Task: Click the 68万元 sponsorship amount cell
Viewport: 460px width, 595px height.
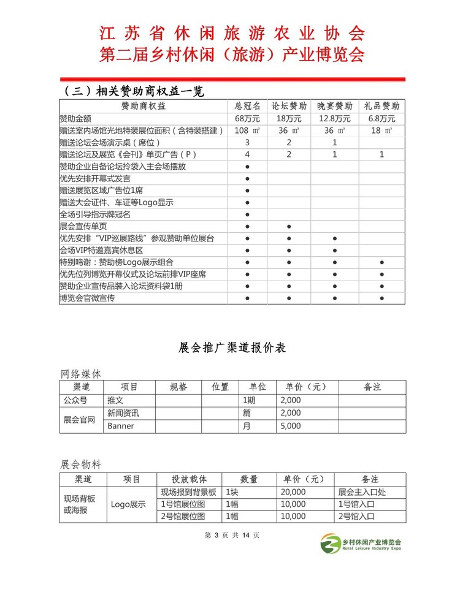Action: (x=247, y=118)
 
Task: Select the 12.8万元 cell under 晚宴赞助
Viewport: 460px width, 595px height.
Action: (x=334, y=118)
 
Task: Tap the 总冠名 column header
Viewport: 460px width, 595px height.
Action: (x=247, y=106)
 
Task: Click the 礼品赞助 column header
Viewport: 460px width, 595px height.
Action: (x=381, y=106)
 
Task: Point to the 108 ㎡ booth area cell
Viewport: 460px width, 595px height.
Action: (x=247, y=131)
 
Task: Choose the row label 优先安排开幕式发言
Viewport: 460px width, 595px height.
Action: (x=95, y=178)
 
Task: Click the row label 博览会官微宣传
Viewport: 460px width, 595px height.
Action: (x=87, y=298)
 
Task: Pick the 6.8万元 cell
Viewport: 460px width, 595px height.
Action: (x=381, y=118)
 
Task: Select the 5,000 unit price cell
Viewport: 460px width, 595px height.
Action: (x=290, y=426)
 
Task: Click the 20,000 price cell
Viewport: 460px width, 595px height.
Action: (x=293, y=492)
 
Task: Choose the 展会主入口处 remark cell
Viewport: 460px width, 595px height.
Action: (x=361, y=492)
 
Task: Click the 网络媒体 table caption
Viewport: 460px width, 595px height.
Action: (x=81, y=373)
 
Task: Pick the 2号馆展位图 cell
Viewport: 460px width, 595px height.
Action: (x=183, y=517)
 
